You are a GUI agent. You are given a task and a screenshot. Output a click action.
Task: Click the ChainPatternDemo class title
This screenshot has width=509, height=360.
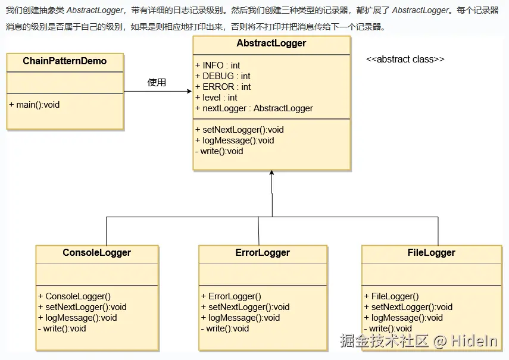click(x=64, y=61)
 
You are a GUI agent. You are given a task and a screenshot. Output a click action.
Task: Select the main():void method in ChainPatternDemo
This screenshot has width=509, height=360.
click(x=35, y=105)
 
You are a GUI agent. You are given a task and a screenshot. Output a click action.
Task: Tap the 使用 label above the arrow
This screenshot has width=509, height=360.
click(x=157, y=82)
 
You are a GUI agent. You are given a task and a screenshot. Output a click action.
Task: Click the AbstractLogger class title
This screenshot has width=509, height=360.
click(x=271, y=43)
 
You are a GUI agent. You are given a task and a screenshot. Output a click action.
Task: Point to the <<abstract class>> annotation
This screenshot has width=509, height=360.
click(x=405, y=60)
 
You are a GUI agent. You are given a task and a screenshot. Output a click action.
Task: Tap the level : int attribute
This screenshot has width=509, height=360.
click(x=216, y=98)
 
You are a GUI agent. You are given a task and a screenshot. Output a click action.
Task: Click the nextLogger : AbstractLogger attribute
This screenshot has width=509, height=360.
click(x=254, y=108)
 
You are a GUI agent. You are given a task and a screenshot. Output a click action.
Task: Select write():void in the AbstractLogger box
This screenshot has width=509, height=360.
click(x=219, y=151)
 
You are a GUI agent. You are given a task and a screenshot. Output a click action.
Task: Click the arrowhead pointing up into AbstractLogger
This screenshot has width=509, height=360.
click(x=271, y=173)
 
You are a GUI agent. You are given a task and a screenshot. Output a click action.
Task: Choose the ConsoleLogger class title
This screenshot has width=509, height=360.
click(x=96, y=253)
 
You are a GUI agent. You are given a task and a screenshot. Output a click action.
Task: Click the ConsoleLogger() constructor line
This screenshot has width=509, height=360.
click(x=74, y=296)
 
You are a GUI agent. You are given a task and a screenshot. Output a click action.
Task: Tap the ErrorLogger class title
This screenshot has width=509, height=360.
click(x=263, y=253)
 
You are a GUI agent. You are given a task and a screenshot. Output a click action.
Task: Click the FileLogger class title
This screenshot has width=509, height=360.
click(x=431, y=253)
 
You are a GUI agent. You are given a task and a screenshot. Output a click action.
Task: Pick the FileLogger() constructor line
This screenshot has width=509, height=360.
click(x=392, y=296)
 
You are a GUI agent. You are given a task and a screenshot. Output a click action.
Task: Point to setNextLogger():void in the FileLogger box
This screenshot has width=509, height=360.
click(x=408, y=307)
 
